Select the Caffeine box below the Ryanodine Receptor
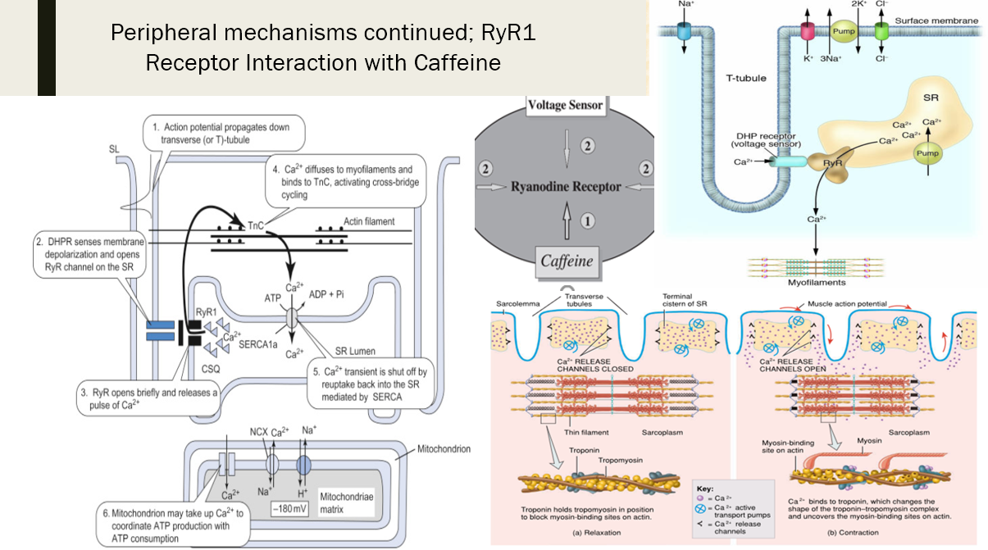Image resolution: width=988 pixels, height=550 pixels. coord(565,261)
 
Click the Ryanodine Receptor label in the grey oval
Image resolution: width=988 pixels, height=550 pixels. coord(565,186)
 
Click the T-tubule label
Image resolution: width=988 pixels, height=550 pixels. coord(747,79)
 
